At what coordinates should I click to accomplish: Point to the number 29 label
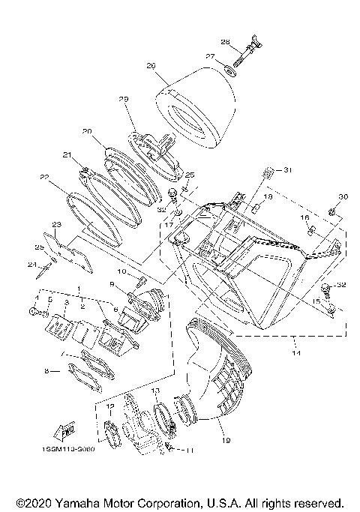click(124, 100)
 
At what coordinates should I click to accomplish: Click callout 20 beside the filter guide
click(87, 131)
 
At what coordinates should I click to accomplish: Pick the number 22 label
click(43, 178)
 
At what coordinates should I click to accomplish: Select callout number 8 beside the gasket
click(46, 370)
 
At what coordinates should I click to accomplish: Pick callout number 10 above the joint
click(122, 271)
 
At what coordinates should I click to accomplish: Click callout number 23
click(55, 224)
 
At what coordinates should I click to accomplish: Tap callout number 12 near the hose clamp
click(110, 407)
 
